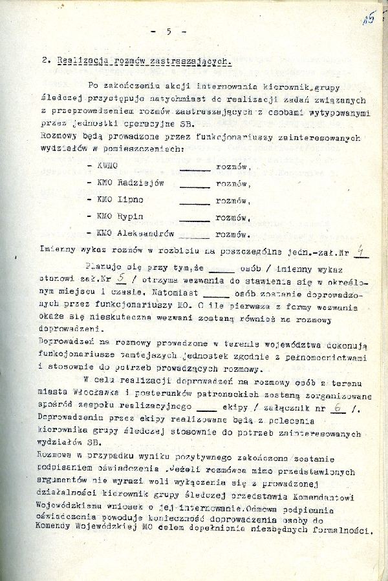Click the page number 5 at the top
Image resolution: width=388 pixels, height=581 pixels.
pyautogui.click(x=168, y=30)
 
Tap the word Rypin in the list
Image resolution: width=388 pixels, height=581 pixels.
pyautogui.click(x=131, y=216)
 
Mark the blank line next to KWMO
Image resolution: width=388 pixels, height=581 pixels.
pyautogui.click(x=194, y=169)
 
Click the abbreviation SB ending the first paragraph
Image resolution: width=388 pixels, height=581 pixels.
pyautogui.click(x=182, y=124)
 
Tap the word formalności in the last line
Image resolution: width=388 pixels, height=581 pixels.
pyautogui.click(x=341, y=531)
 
